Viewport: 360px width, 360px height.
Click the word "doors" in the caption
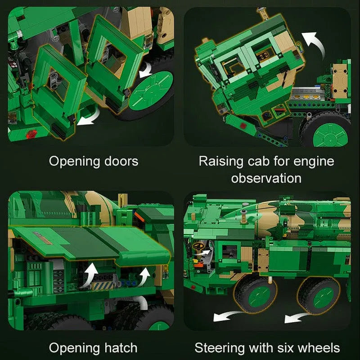point(121,161)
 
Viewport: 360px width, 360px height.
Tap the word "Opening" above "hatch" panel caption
point(75,349)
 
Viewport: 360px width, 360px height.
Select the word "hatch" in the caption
point(121,347)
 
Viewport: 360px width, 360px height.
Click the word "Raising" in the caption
point(221,162)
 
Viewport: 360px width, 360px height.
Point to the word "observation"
point(266,178)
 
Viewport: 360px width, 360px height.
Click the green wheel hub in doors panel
point(151,90)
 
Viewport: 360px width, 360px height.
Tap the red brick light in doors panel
point(31,135)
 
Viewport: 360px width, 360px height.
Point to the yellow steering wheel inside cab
point(198,246)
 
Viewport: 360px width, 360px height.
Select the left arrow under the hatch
point(91,274)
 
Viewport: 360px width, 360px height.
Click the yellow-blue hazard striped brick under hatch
point(103,285)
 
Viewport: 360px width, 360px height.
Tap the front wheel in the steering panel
point(255,295)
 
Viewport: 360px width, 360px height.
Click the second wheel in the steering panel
point(319,296)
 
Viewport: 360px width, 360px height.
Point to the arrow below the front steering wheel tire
point(226,316)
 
